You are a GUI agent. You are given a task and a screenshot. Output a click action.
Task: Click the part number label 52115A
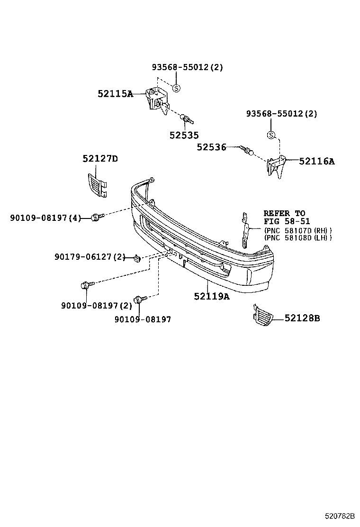[115, 94]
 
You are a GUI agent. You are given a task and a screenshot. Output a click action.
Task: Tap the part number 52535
[184, 135]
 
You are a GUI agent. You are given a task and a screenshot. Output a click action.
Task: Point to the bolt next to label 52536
[246, 150]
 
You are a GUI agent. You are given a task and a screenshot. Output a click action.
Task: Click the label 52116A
[316, 161]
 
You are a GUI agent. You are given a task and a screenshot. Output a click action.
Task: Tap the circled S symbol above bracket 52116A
[271, 136]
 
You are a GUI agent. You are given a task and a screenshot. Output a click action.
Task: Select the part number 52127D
[100, 159]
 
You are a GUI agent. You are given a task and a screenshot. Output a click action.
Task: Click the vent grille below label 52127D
[97, 185]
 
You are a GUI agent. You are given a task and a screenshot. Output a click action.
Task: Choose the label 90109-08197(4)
[45, 218]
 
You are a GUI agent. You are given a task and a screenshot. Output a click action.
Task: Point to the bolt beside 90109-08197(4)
[96, 217]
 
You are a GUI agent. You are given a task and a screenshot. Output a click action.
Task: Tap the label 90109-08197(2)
[96, 306]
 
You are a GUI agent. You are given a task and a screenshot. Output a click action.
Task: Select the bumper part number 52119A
[211, 296]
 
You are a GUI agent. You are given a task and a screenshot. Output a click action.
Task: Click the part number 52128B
[302, 318]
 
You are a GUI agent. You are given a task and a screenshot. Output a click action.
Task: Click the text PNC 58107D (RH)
[298, 230]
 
